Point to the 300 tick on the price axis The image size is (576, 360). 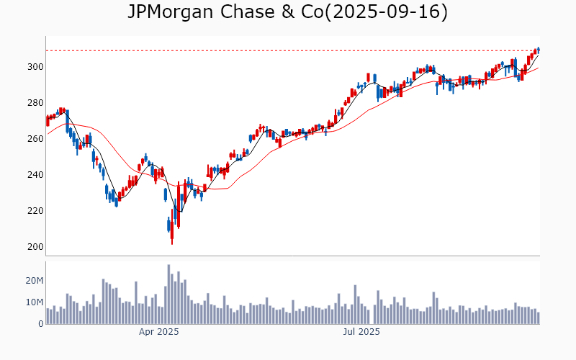[35, 67]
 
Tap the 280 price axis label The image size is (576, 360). [35, 103]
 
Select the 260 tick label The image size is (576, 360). [35, 139]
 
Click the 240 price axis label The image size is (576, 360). [35, 175]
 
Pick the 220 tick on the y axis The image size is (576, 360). [35, 211]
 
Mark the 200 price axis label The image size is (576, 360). [35, 247]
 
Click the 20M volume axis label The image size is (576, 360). [35, 280]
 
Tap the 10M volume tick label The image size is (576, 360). [35, 302]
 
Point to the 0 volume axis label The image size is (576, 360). [40, 324]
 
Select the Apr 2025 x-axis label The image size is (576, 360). [158, 332]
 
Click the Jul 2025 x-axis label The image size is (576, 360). [360, 332]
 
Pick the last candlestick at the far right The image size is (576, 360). [538, 50]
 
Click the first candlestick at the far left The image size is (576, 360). [48, 120]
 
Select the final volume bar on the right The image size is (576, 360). [538, 318]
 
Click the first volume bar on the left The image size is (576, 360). [48, 316]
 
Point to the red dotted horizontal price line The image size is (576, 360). [288, 50]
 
